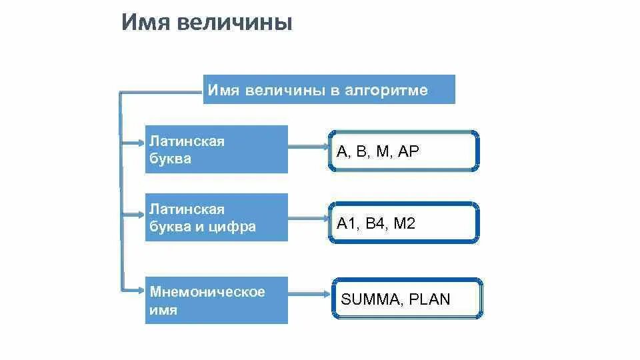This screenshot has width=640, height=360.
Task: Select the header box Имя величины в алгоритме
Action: [x=329, y=90]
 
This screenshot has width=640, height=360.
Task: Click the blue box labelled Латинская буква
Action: [x=216, y=149]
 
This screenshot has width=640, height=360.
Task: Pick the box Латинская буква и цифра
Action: [x=216, y=217]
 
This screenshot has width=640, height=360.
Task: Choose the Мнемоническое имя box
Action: [x=216, y=300]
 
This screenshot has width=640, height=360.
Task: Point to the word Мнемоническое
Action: [x=207, y=292]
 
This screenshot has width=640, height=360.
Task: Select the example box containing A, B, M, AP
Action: [x=403, y=151]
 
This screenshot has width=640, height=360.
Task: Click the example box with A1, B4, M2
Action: [x=403, y=223]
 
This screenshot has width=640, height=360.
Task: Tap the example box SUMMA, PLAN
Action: [x=406, y=299]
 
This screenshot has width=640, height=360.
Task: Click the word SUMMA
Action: [x=369, y=299]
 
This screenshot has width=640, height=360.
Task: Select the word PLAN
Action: [x=430, y=299]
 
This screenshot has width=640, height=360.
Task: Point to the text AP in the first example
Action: [x=408, y=151]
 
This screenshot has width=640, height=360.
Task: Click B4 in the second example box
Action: [x=376, y=223]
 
